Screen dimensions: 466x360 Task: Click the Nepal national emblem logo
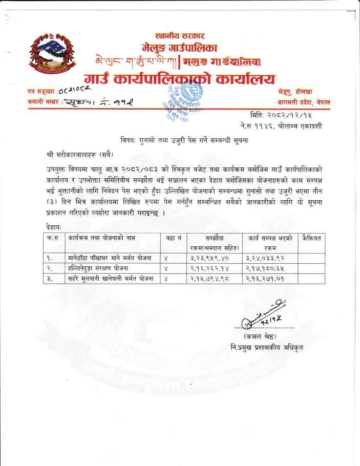[x=49, y=57]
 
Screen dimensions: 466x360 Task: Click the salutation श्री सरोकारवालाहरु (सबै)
[x=79, y=154]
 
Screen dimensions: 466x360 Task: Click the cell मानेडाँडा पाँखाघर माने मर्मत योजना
[x=110, y=258]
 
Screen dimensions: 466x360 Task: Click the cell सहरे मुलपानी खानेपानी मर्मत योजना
[x=111, y=279]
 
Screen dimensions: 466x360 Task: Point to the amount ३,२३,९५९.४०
[x=208, y=258]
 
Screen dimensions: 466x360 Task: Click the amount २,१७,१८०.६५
[x=265, y=268]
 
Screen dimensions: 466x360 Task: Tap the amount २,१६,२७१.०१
[x=265, y=279]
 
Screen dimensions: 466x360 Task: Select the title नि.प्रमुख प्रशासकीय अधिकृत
[x=267, y=348]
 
